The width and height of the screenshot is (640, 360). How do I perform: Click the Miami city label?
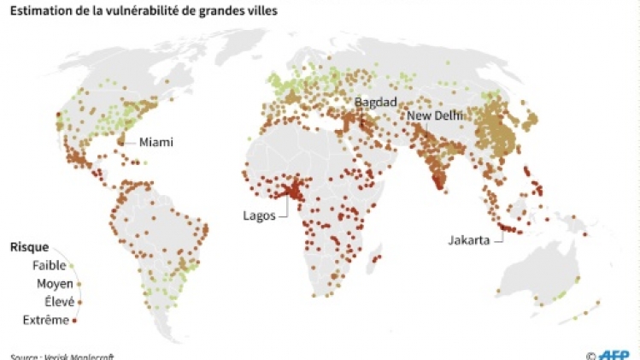(x=156, y=142)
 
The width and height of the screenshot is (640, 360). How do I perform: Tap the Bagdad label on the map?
(x=375, y=102)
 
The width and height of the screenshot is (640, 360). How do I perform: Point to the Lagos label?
(x=259, y=215)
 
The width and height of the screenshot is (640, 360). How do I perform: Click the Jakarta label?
(x=468, y=240)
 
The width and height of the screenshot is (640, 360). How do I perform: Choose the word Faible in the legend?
(x=49, y=266)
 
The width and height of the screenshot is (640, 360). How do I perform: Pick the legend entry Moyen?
(x=54, y=284)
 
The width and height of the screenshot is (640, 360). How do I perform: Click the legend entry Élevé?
(x=56, y=302)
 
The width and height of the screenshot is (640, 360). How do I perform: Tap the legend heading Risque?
(x=29, y=247)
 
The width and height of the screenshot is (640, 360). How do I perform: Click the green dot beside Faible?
(x=73, y=266)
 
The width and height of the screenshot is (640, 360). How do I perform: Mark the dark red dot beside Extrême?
(x=75, y=321)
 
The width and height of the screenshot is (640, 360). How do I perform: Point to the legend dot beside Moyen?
(x=79, y=284)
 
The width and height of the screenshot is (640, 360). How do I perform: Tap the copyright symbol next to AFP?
(x=590, y=354)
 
